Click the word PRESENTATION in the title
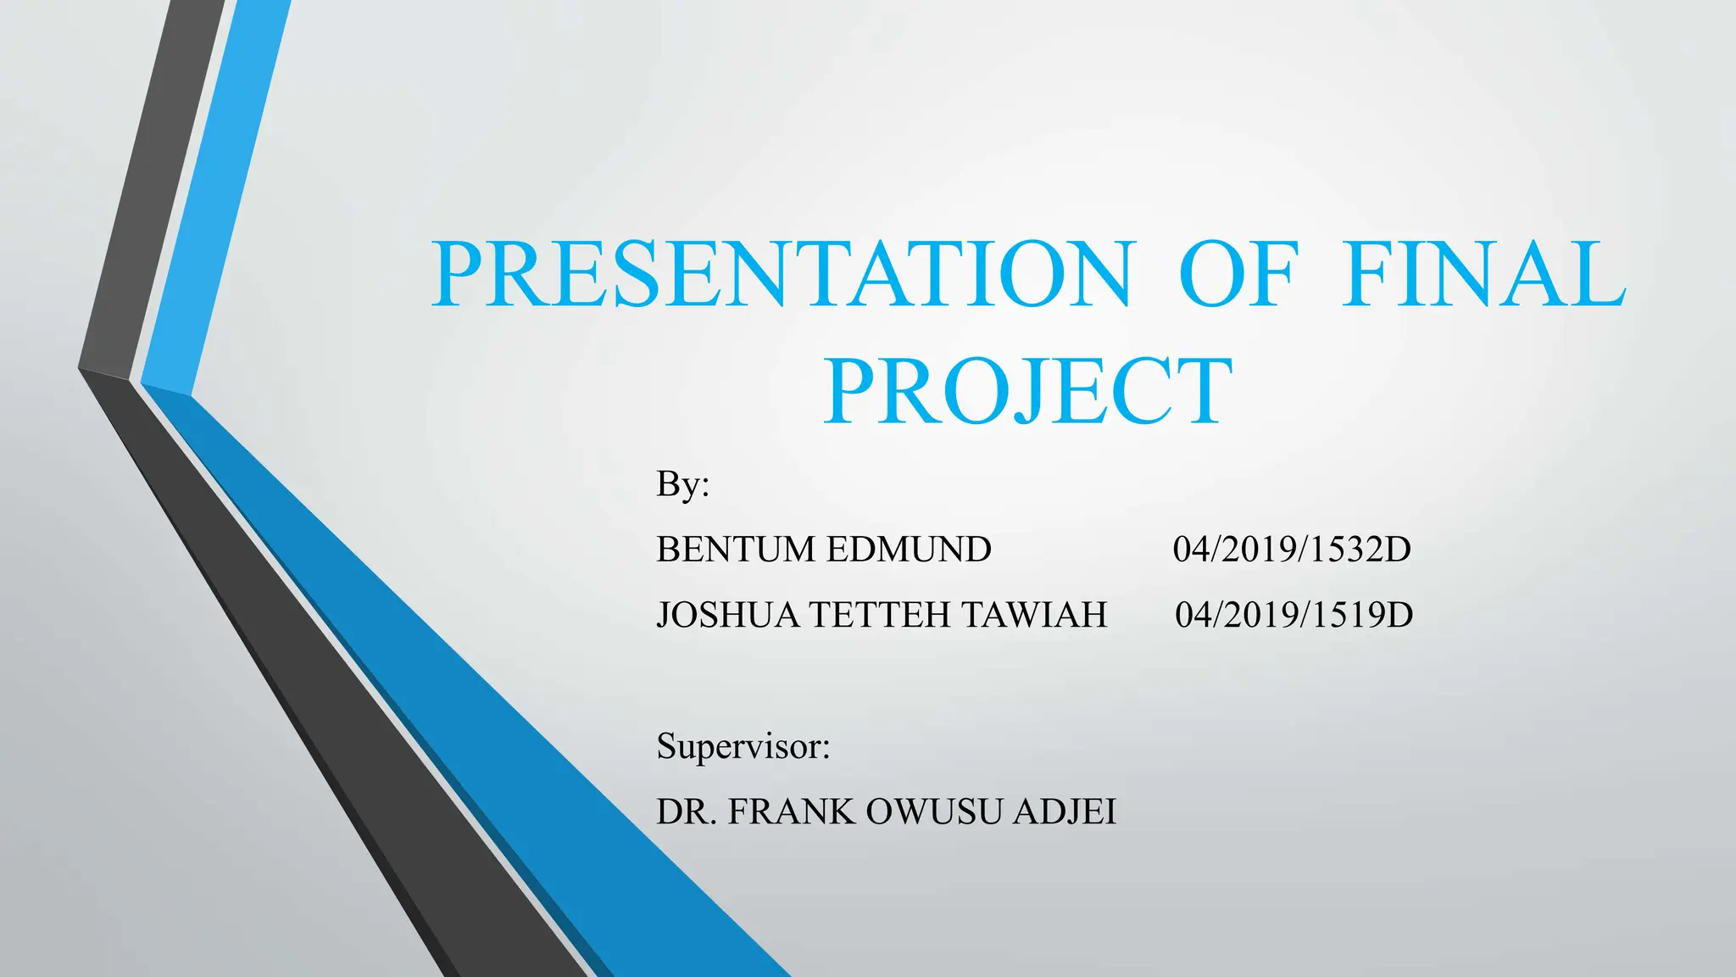coord(782,274)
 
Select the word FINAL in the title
coord(1483,274)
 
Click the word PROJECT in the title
coord(1028,392)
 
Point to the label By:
coord(682,484)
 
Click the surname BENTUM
coord(735,550)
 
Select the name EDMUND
coord(908,550)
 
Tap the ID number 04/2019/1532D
coord(1292,550)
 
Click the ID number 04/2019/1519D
coord(1294,615)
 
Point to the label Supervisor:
coord(743,746)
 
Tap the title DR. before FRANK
coord(687,812)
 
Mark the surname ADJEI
coord(1065,812)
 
